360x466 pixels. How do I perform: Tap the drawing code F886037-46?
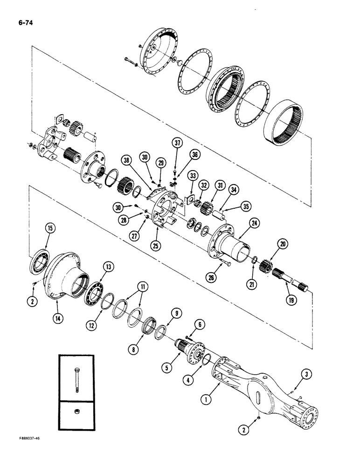click(23, 451)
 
